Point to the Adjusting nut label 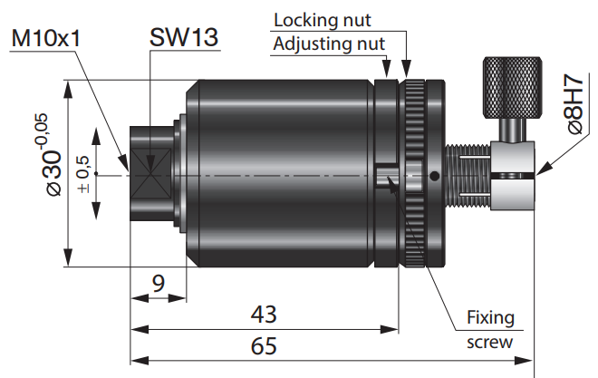[329, 43]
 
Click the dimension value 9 [159, 284]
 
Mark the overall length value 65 [263, 345]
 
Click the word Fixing [490, 318]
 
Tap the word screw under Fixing [489, 342]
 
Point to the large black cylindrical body [281, 172]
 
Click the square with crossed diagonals [146, 172]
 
